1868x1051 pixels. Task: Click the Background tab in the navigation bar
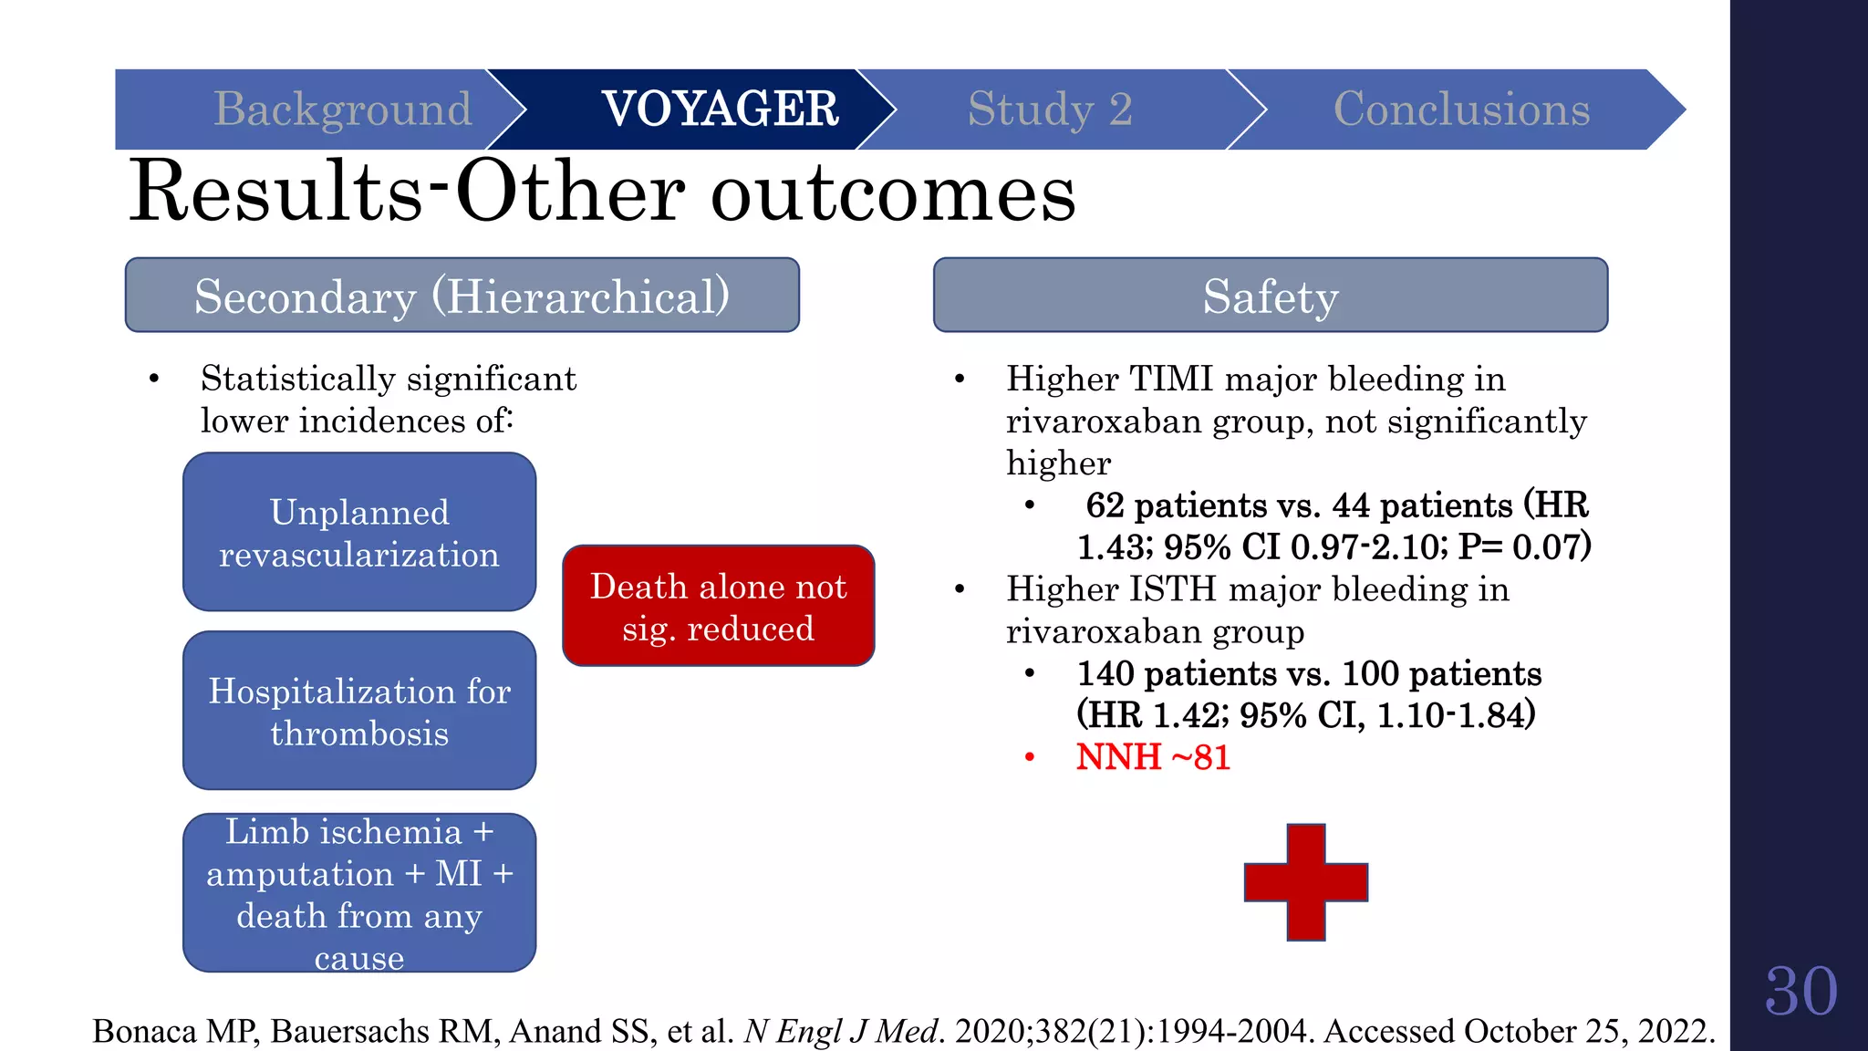342,109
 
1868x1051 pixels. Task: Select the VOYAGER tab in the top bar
720,109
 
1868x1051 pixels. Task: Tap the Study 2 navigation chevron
1049,109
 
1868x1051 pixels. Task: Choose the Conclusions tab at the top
1461,109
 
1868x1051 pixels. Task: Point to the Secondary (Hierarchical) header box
462,296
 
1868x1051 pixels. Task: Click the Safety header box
1270,296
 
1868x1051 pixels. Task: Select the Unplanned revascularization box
359,533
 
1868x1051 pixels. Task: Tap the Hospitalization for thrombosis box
359,711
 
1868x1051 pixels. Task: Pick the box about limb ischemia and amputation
359,893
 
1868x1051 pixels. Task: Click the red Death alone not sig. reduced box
719,607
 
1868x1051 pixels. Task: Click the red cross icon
1305,882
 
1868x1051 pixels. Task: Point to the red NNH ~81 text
1153,757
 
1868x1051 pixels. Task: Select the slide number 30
1800,992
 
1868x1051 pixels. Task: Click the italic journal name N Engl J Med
842,1031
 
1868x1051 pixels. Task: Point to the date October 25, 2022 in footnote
1587,1031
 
